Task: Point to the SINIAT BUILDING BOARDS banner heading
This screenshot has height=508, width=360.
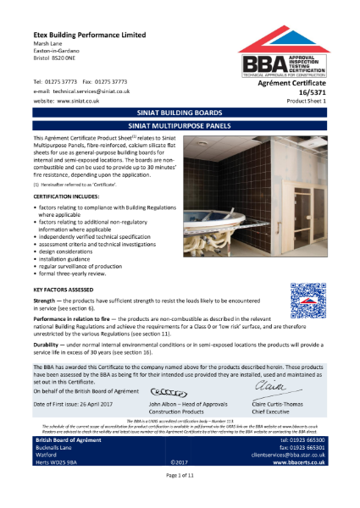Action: [180, 112]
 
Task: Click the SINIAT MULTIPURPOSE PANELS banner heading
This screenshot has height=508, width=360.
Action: [180, 124]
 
